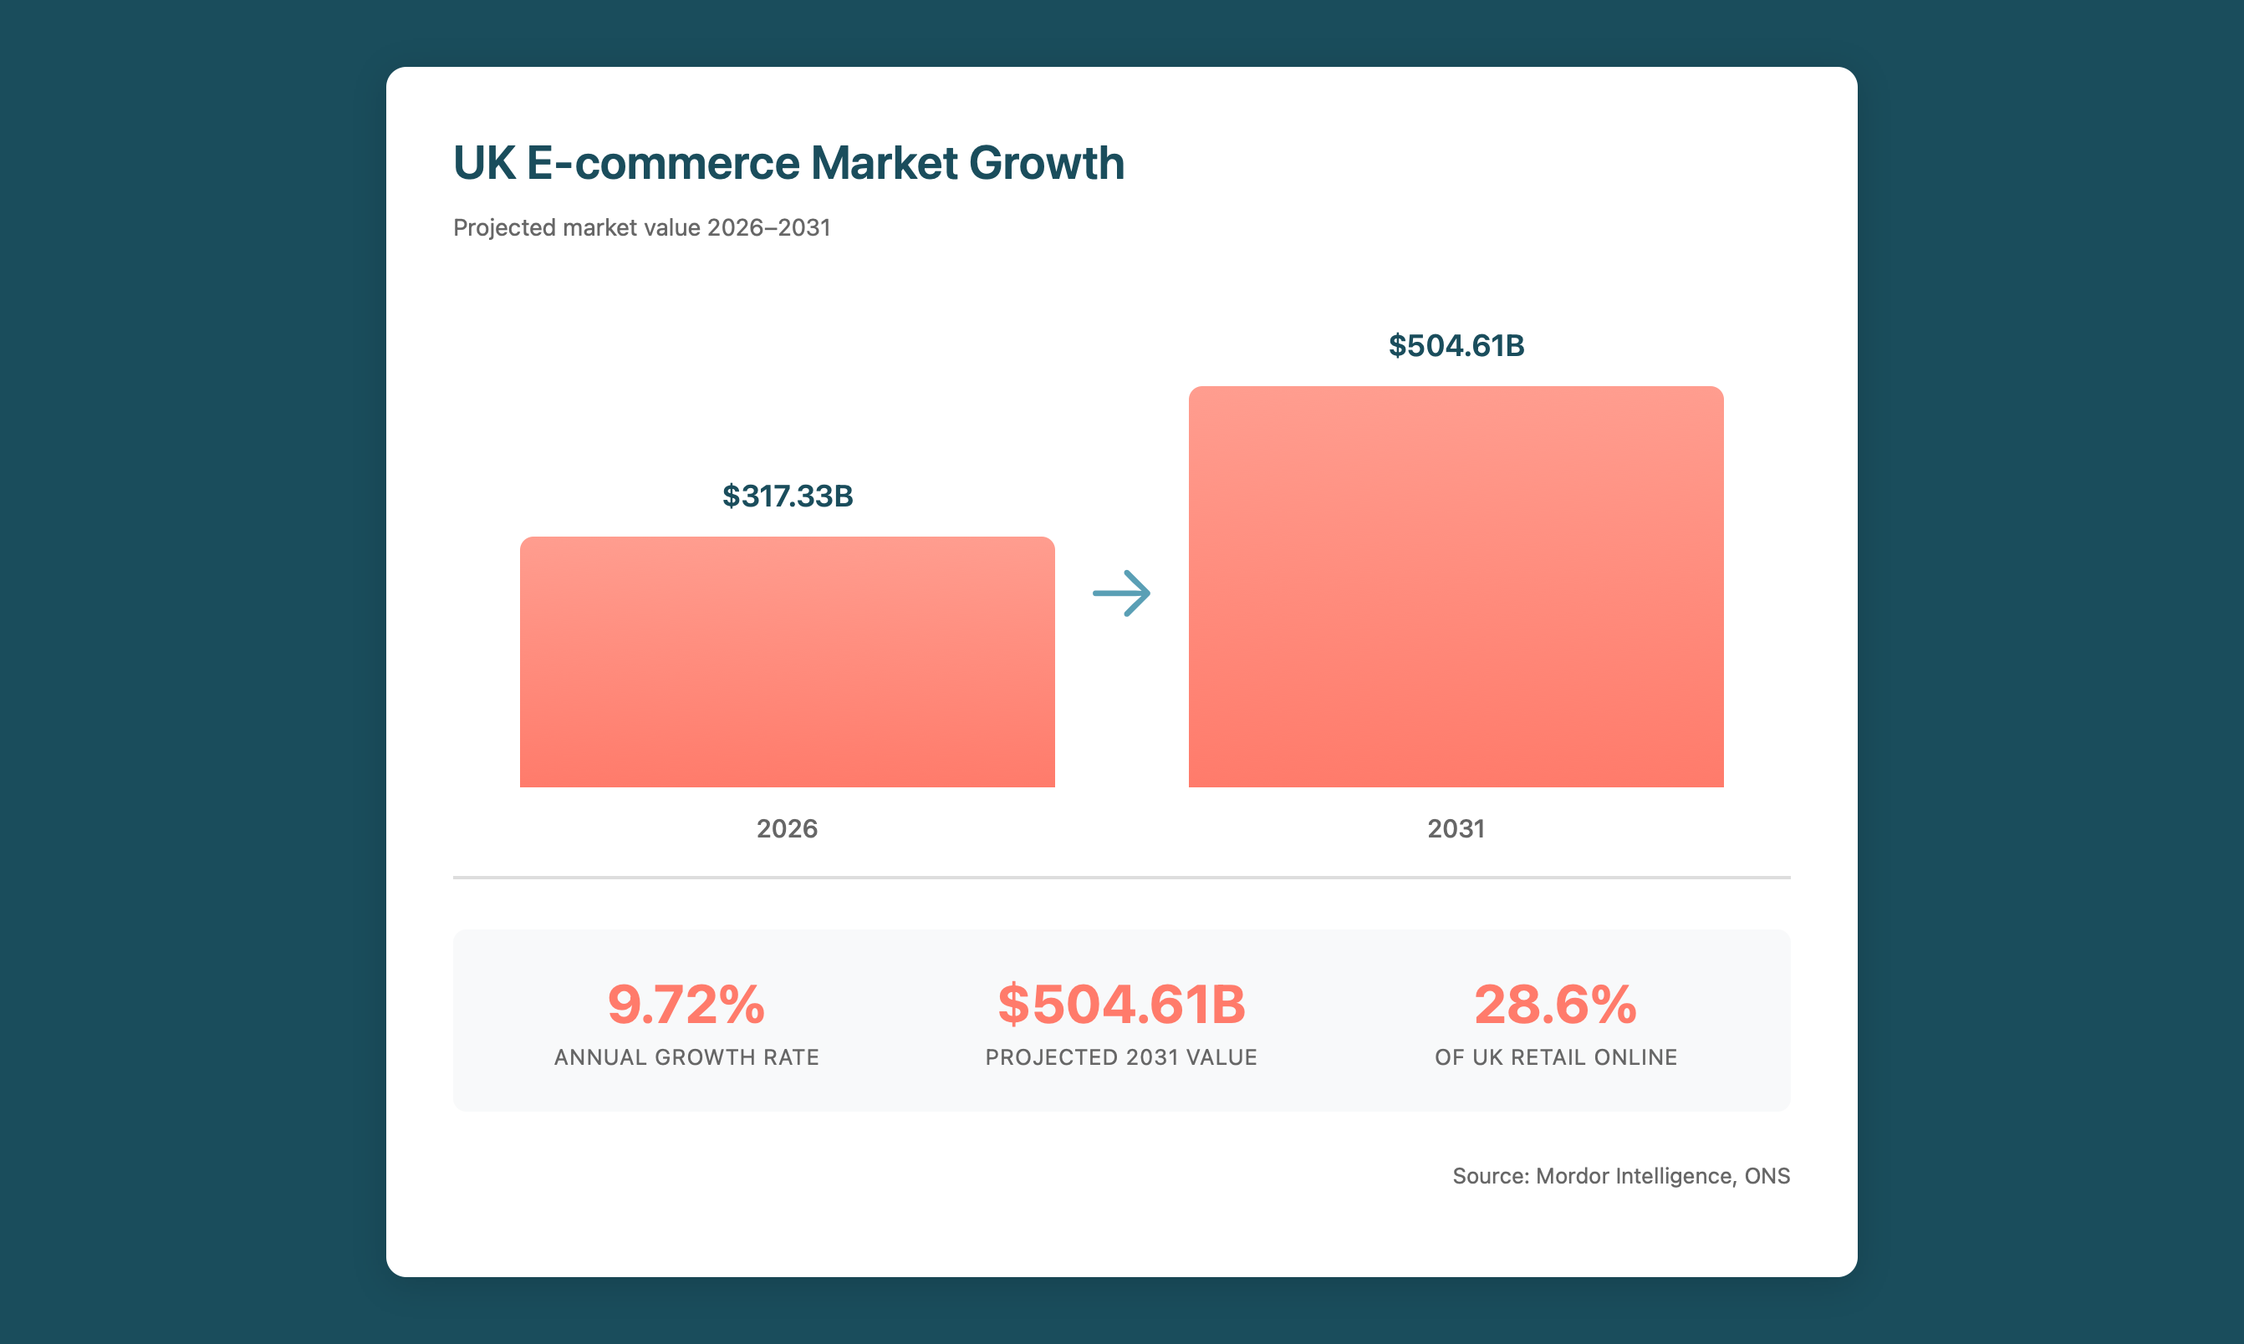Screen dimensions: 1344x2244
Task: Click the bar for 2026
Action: coord(787,662)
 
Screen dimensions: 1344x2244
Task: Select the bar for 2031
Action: coord(1455,587)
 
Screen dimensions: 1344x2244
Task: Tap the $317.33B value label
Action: coord(788,496)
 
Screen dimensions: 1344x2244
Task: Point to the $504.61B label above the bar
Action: coord(1456,346)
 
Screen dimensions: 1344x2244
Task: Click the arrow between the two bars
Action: coord(1121,593)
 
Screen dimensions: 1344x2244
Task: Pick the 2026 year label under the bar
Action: coord(787,828)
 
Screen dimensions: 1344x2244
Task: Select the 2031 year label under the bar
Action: coord(1455,828)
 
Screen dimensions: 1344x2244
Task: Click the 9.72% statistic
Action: coord(686,1005)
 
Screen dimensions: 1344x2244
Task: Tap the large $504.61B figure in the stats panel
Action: coord(1121,1005)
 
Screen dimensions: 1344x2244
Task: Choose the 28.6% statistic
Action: coord(1554,1005)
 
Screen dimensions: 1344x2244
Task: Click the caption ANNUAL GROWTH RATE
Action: coord(686,1057)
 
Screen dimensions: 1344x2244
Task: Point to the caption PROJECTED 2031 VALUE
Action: coord(1120,1057)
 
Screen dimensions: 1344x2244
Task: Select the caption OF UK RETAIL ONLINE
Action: coord(1554,1057)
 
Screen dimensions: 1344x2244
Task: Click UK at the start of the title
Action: coord(484,163)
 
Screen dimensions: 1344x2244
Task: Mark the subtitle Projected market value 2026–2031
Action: coord(641,227)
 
